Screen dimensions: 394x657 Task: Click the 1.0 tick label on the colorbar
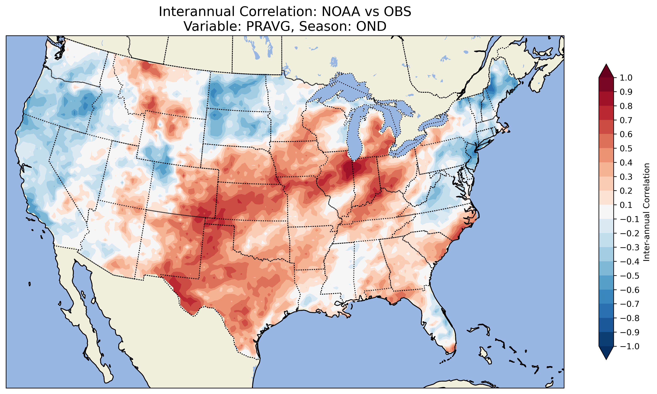(x=626, y=78)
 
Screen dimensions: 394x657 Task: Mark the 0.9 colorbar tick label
(x=626, y=92)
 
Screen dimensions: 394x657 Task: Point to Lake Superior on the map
(x=345, y=88)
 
